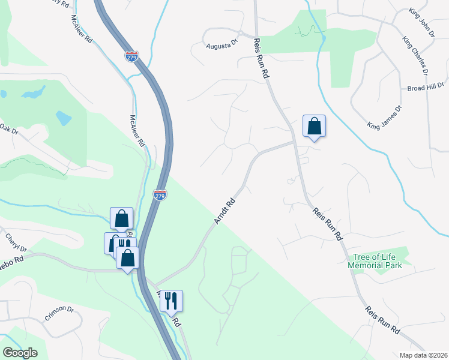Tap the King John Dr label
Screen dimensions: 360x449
[x=421, y=23]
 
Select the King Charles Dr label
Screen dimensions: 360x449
[x=415, y=56]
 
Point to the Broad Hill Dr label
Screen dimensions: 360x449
[x=424, y=87]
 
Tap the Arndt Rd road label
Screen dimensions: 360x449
[x=224, y=208]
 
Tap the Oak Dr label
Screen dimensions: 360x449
[x=7, y=128]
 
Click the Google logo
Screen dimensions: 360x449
[x=20, y=353]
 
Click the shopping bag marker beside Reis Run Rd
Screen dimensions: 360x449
[x=314, y=126]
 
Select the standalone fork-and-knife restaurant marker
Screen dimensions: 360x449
[x=171, y=301]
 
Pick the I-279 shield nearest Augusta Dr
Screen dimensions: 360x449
[x=132, y=56]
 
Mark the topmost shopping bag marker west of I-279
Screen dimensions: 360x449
[x=121, y=218]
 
